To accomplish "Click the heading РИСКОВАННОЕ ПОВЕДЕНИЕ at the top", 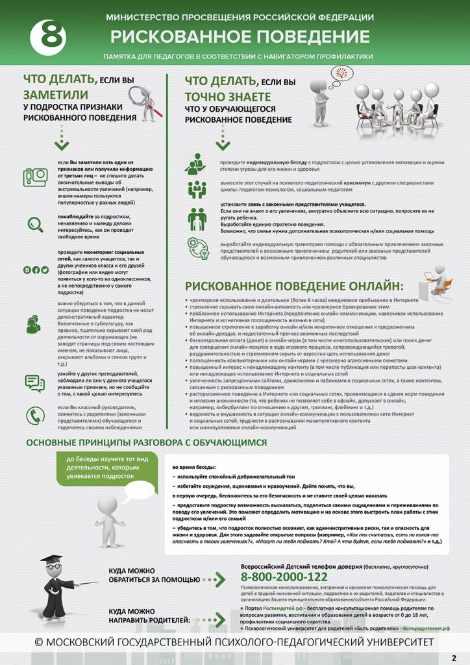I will coord(240,36).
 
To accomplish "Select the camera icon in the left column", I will coord(36,176).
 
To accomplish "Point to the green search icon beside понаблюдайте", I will coord(35,224).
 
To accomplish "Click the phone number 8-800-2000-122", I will coord(284,577).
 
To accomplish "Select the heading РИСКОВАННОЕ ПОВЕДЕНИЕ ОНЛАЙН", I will coord(293,286).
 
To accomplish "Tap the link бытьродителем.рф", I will coord(427,629).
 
